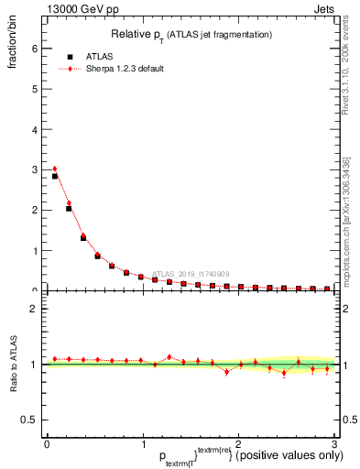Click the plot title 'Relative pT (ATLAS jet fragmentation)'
click(190, 35)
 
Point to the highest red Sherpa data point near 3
click(54, 169)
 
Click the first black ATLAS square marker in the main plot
click(54, 176)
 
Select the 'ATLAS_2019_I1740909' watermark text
click(192, 273)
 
